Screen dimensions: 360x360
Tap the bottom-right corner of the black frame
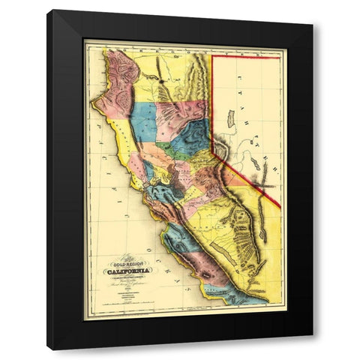click(x=313, y=336)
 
